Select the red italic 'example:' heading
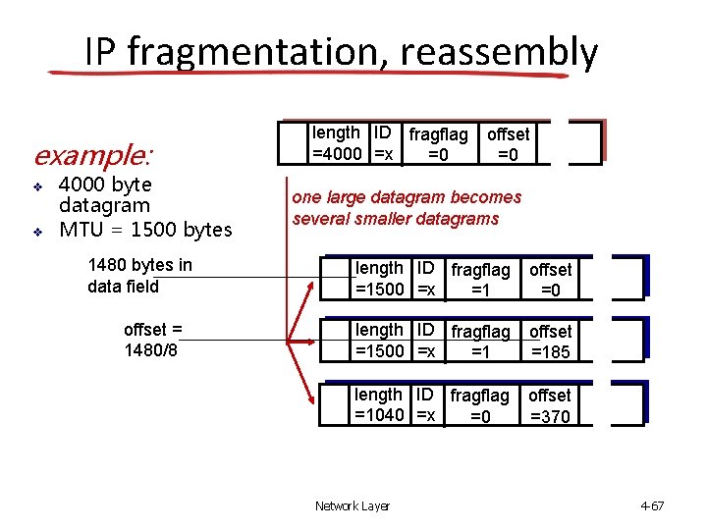93,156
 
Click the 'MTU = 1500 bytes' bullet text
145,231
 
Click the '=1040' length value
380,416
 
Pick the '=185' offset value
550,352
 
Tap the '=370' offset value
549,417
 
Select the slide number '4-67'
652,506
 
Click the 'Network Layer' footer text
352,506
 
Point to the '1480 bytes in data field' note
139,276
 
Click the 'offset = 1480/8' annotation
153,340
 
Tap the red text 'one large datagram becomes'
407,197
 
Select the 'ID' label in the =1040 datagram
425,395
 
